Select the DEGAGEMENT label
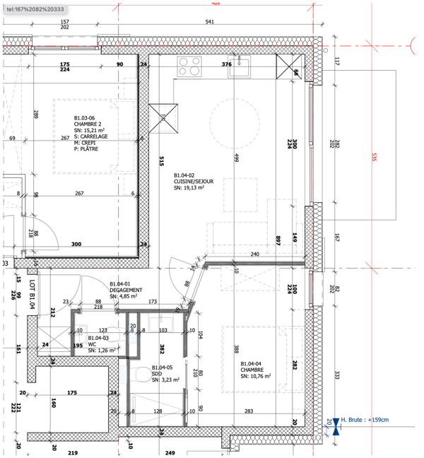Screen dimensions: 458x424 (x=126, y=290)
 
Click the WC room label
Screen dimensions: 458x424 (x=92, y=344)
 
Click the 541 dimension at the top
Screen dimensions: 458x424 (x=210, y=23)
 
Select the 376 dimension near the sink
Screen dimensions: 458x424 (x=227, y=64)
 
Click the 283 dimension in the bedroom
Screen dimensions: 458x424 (x=249, y=411)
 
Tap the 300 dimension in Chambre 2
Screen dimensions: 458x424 (x=76, y=245)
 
